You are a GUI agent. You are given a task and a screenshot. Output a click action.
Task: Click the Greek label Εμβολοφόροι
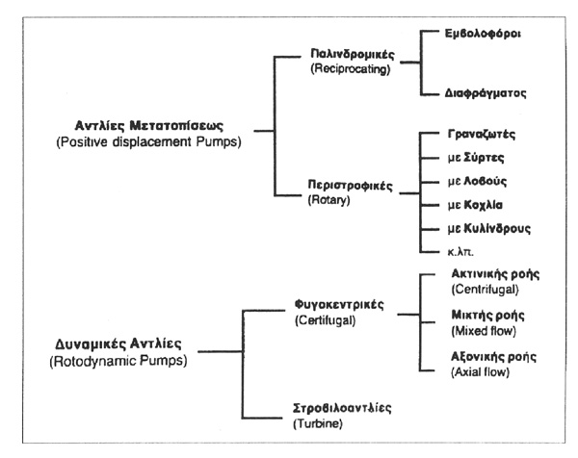483,34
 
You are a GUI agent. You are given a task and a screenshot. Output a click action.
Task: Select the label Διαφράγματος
486,93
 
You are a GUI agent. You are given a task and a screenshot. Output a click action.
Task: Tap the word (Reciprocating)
351,69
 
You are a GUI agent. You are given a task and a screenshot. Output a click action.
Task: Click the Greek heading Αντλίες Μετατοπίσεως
149,125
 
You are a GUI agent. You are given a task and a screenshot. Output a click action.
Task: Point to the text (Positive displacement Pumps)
149,141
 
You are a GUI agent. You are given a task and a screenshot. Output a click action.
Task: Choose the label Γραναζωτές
482,134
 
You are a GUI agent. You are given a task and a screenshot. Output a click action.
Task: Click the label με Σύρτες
476,158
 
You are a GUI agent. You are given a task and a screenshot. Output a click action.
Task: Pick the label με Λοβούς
477,181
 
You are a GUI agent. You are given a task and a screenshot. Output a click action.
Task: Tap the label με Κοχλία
475,205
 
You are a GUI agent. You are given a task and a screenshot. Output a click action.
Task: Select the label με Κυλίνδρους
489,229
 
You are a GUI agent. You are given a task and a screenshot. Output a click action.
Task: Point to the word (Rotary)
328,200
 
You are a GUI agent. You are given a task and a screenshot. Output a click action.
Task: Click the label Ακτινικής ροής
495,274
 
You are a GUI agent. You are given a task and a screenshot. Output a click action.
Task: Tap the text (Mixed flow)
484,331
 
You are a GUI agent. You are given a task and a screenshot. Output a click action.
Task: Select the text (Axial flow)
481,371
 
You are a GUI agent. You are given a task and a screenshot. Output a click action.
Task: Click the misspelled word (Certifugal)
326,320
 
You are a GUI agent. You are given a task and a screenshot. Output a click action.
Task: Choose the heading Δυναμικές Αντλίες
118,344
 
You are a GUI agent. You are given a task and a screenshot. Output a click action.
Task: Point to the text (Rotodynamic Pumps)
118,361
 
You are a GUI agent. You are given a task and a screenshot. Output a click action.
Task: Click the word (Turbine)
318,423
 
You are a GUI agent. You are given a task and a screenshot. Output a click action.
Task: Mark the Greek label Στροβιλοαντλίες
342,408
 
